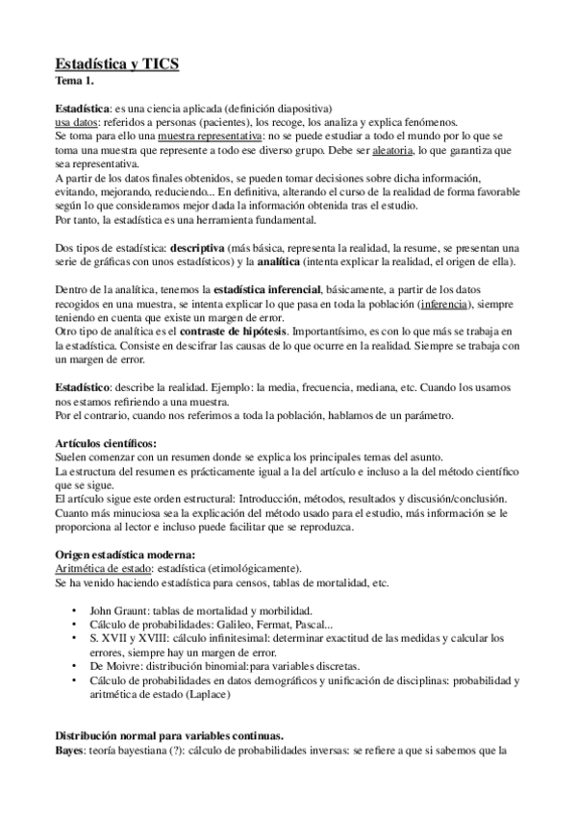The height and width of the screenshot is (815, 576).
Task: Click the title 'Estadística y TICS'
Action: [116, 65]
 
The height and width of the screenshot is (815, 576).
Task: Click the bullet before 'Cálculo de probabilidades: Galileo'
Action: [76, 625]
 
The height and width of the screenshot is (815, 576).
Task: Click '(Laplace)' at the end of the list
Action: [241, 694]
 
